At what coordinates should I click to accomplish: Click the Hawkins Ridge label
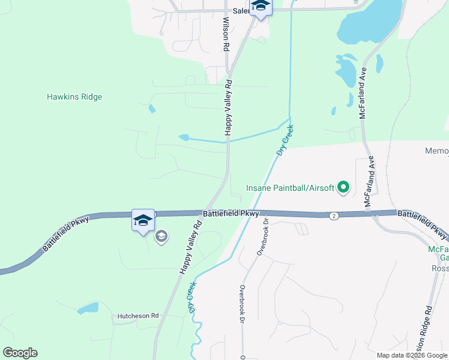click(74, 97)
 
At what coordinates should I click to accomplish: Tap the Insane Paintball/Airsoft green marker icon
click(343, 188)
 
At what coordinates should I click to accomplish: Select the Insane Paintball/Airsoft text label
click(290, 188)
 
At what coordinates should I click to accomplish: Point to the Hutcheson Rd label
click(137, 316)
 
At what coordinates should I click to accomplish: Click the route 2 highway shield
click(334, 215)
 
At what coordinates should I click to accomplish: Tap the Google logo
click(20, 353)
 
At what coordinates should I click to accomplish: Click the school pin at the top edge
click(261, 7)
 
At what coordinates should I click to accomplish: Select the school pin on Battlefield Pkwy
click(143, 220)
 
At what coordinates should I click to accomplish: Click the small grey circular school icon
click(161, 237)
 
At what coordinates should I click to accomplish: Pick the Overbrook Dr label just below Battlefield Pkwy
click(261, 236)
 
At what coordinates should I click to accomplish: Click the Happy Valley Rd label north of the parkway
click(228, 109)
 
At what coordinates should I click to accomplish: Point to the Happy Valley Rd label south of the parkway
click(190, 246)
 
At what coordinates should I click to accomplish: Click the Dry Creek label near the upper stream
click(285, 140)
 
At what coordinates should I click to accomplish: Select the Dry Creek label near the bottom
click(192, 298)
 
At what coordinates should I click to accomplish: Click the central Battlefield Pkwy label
click(231, 213)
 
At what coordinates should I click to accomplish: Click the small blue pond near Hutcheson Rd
click(88, 308)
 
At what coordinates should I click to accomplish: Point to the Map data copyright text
click(412, 355)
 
